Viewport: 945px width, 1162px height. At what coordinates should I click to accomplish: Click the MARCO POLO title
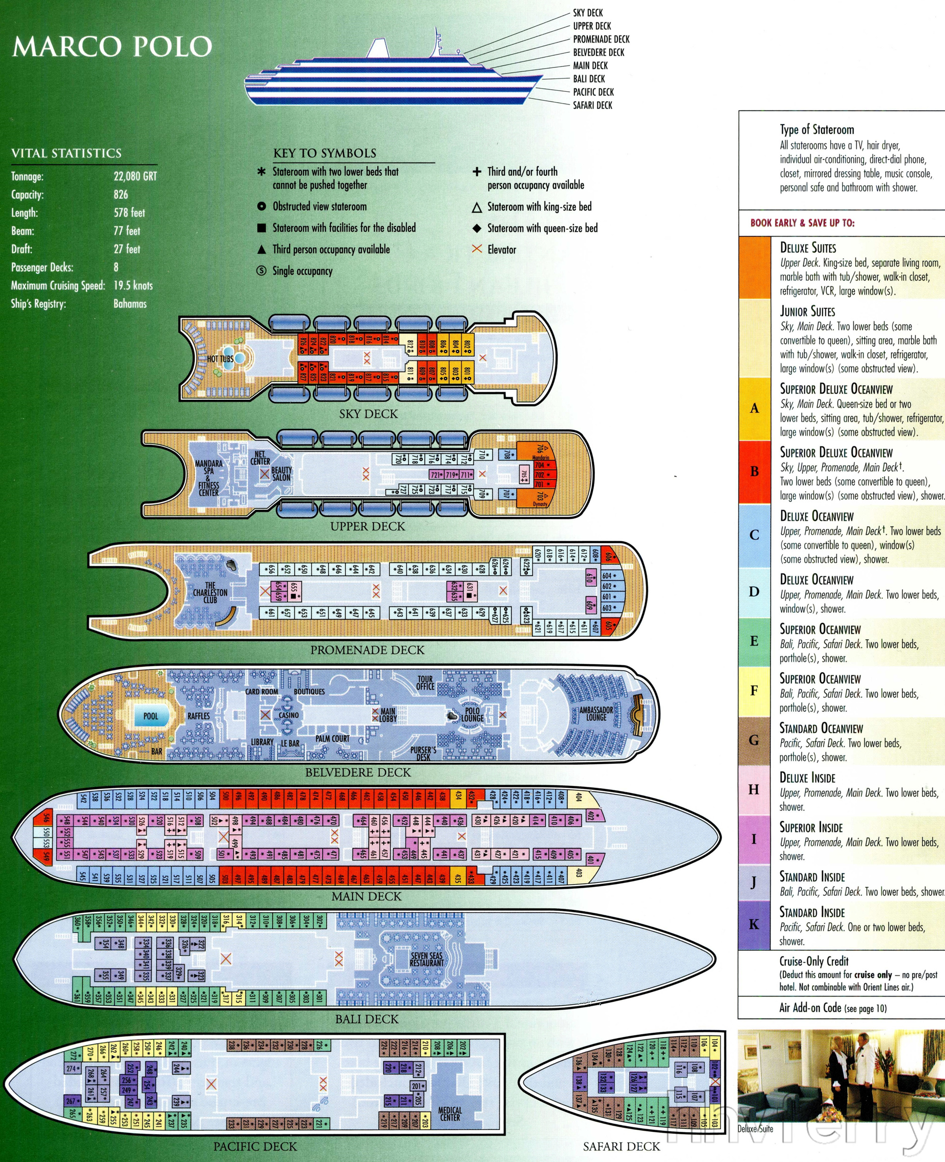[x=112, y=47]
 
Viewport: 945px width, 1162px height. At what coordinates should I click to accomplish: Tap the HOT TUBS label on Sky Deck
[x=220, y=359]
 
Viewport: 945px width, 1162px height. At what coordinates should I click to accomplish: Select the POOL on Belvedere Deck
[x=151, y=716]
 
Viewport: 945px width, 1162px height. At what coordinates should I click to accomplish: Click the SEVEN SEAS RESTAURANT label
[x=427, y=959]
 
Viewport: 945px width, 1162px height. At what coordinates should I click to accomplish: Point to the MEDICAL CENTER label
[x=450, y=1113]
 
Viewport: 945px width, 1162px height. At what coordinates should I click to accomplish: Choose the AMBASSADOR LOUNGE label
[x=596, y=714]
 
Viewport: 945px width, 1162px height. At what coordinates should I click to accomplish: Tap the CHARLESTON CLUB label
[x=210, y=592]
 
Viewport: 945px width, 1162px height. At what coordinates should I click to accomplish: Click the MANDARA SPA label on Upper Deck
[x=208, y=477]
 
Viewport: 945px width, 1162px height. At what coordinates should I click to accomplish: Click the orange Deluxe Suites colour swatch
[x=754, y=267]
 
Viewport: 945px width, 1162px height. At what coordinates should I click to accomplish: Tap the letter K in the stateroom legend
[x=754, y=924]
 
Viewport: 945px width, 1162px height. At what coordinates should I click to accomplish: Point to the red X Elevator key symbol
[x=477, y=249]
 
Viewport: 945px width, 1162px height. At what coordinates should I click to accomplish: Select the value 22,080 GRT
[x=135, y=176]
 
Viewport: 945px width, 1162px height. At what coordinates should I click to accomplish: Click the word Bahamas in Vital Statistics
[x=129, y=304]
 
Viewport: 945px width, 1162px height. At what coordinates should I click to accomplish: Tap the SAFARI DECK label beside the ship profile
[x=592, y=105]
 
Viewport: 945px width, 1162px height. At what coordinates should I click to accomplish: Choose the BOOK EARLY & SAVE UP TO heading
[x=802, y=223]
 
